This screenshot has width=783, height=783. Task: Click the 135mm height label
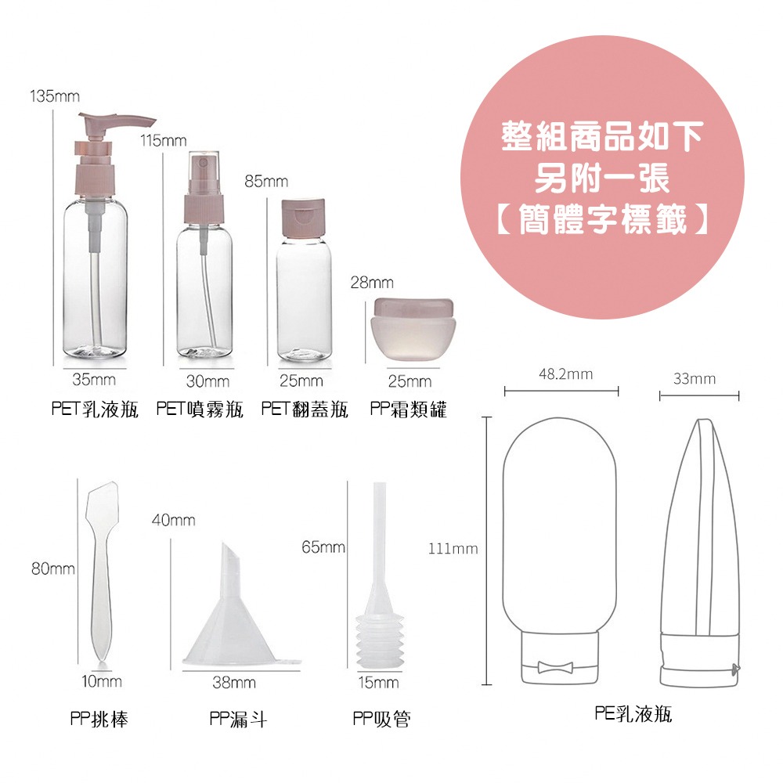coord(55,97)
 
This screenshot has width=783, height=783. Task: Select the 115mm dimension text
coord(164,141)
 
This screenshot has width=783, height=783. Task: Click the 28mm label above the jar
coord(372,282)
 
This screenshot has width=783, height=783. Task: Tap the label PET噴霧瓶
coord(200,409)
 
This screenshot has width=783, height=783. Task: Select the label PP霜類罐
coord(409,409)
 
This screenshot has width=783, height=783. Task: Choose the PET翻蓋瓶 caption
coord(305,409)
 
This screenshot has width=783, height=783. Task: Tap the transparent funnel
coord(232,619)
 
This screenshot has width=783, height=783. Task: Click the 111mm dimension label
coord(453,549)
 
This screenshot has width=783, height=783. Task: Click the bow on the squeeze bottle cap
coord(554,667)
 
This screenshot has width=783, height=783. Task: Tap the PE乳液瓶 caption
coord(633,714)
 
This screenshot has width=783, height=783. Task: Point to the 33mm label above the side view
coord(695,379)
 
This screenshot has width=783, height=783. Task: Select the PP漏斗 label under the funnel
coord(239,719)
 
